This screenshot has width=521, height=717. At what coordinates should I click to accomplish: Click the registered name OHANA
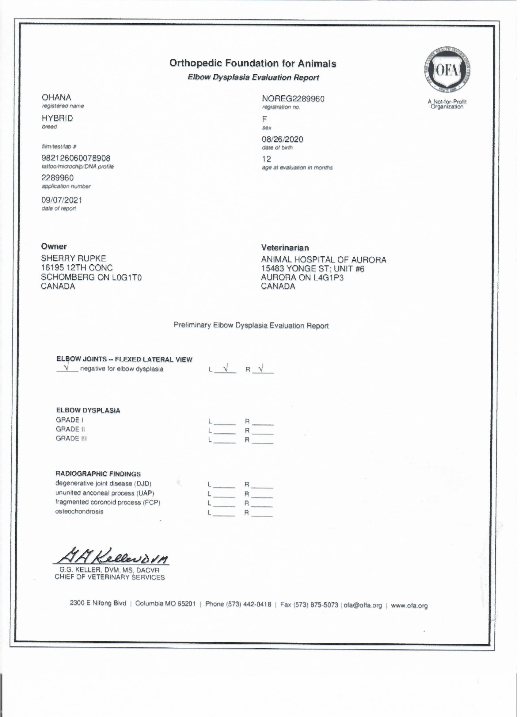[56, 98]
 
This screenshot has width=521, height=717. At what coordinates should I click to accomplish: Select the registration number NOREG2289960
[293, 99]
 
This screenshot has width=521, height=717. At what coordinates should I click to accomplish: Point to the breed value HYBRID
[57, 118]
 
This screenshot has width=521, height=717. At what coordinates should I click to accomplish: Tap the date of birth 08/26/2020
[282, 140]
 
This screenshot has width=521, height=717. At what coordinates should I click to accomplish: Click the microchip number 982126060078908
[76, 158]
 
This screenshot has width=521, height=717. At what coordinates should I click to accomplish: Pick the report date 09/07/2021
[62, 200]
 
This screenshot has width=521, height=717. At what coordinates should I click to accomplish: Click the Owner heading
[54, 246]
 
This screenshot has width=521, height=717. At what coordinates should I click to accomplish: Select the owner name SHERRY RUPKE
[73, 258]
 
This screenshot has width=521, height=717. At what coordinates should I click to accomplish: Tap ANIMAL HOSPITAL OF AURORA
[324, 260]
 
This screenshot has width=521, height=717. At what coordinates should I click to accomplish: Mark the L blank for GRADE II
[225, 431]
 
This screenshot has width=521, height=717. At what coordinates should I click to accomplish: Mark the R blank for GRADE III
[262, 440]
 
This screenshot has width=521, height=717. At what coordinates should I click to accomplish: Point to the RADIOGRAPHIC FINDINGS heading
[98, 474]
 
